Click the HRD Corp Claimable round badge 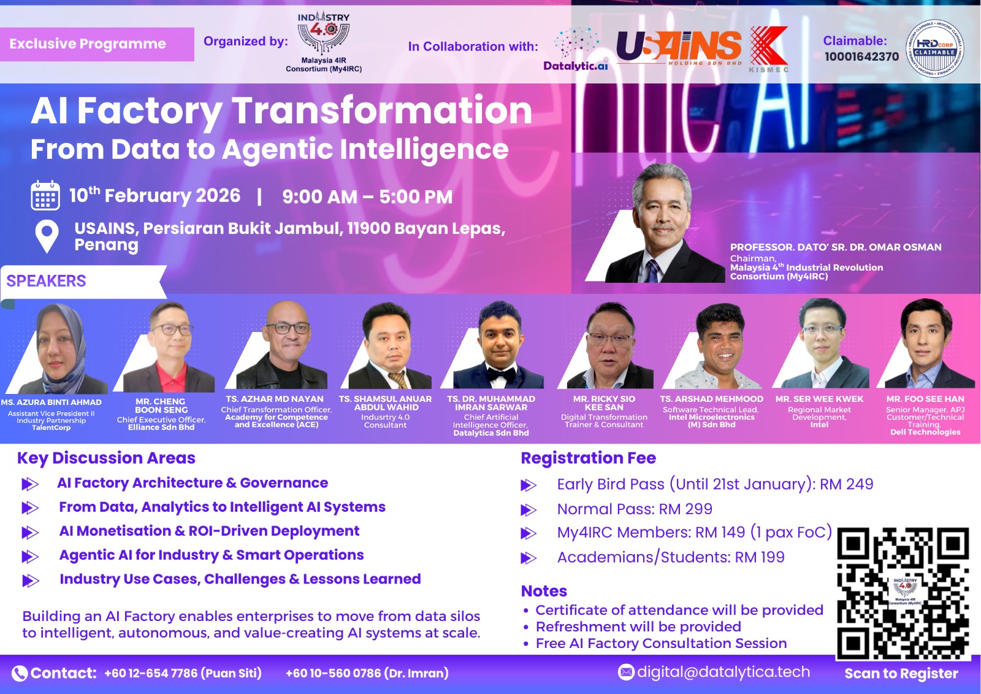(934, 48)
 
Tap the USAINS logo (679, 47)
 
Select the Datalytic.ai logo (576, 49)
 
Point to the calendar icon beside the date (45, 195)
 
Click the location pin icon (47, 236)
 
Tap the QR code (903, 593)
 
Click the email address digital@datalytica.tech (723, 672)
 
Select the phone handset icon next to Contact (19, 673)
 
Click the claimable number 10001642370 (861, 56)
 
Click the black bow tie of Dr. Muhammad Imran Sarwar (502, 374)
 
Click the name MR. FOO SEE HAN (925, 399)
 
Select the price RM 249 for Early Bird (847, 484)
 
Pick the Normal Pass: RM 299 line (635, 509)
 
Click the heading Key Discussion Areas (107, 458)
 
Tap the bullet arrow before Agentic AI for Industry (30, 557)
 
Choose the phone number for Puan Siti (183, 673)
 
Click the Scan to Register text (901, 673)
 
